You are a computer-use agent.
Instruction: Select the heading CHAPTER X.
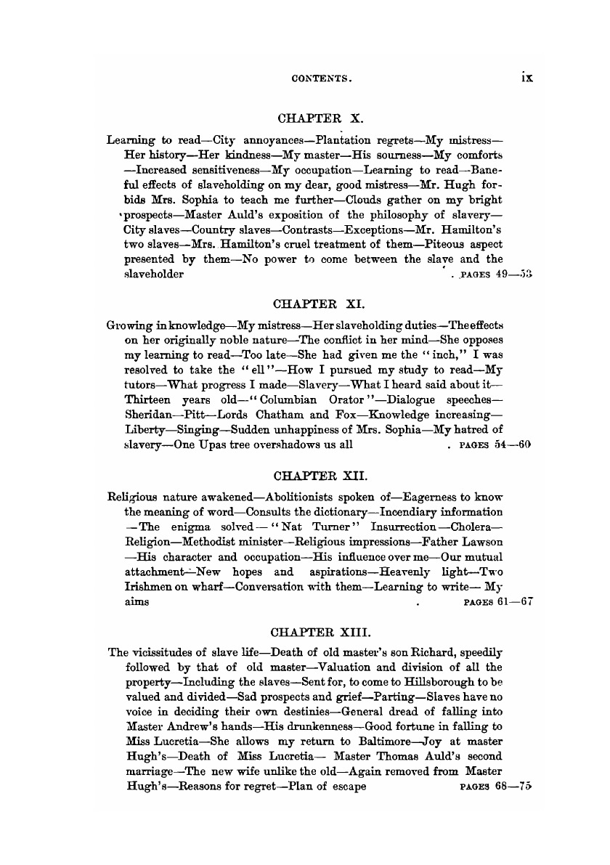coord(321,116)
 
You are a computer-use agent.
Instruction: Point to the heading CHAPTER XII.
coord(321,476)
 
